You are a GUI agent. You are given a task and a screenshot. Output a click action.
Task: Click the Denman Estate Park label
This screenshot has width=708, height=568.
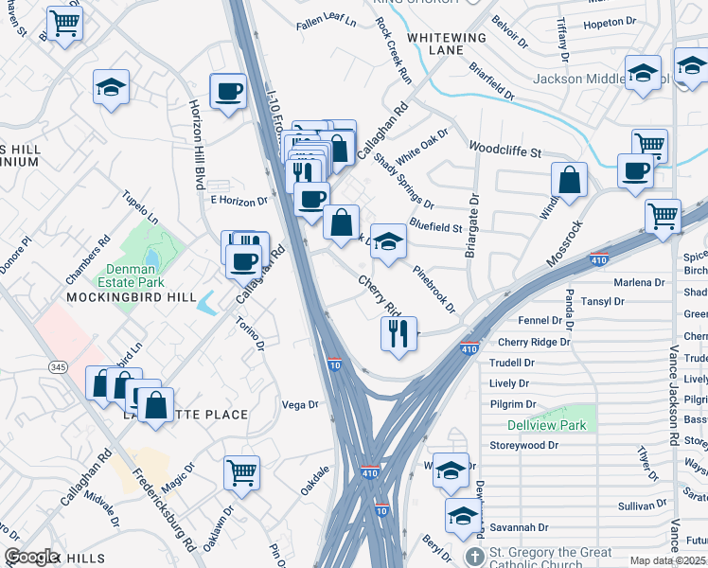click(x=130, y=275)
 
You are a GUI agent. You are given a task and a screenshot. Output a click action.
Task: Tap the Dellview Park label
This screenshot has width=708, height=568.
click(x=546, y=425)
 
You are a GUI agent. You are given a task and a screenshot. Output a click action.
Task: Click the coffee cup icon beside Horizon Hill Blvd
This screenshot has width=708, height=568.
click(x=227, y=92)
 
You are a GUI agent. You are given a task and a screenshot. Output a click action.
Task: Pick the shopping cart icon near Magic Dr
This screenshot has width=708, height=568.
click(x=241, y=470)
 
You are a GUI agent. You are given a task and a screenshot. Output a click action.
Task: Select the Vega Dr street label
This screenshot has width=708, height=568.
click(x=300, y=404)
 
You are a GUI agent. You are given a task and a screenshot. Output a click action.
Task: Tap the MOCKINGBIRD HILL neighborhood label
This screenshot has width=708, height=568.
click(x=117, y=297)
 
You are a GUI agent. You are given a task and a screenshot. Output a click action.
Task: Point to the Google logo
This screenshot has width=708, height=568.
click(x=31, y=557)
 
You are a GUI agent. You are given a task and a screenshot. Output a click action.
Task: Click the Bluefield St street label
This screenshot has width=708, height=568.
click(x=435, y=226)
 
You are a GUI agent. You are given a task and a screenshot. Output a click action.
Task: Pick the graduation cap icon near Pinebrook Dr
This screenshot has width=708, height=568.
click(x=387, y=240)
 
